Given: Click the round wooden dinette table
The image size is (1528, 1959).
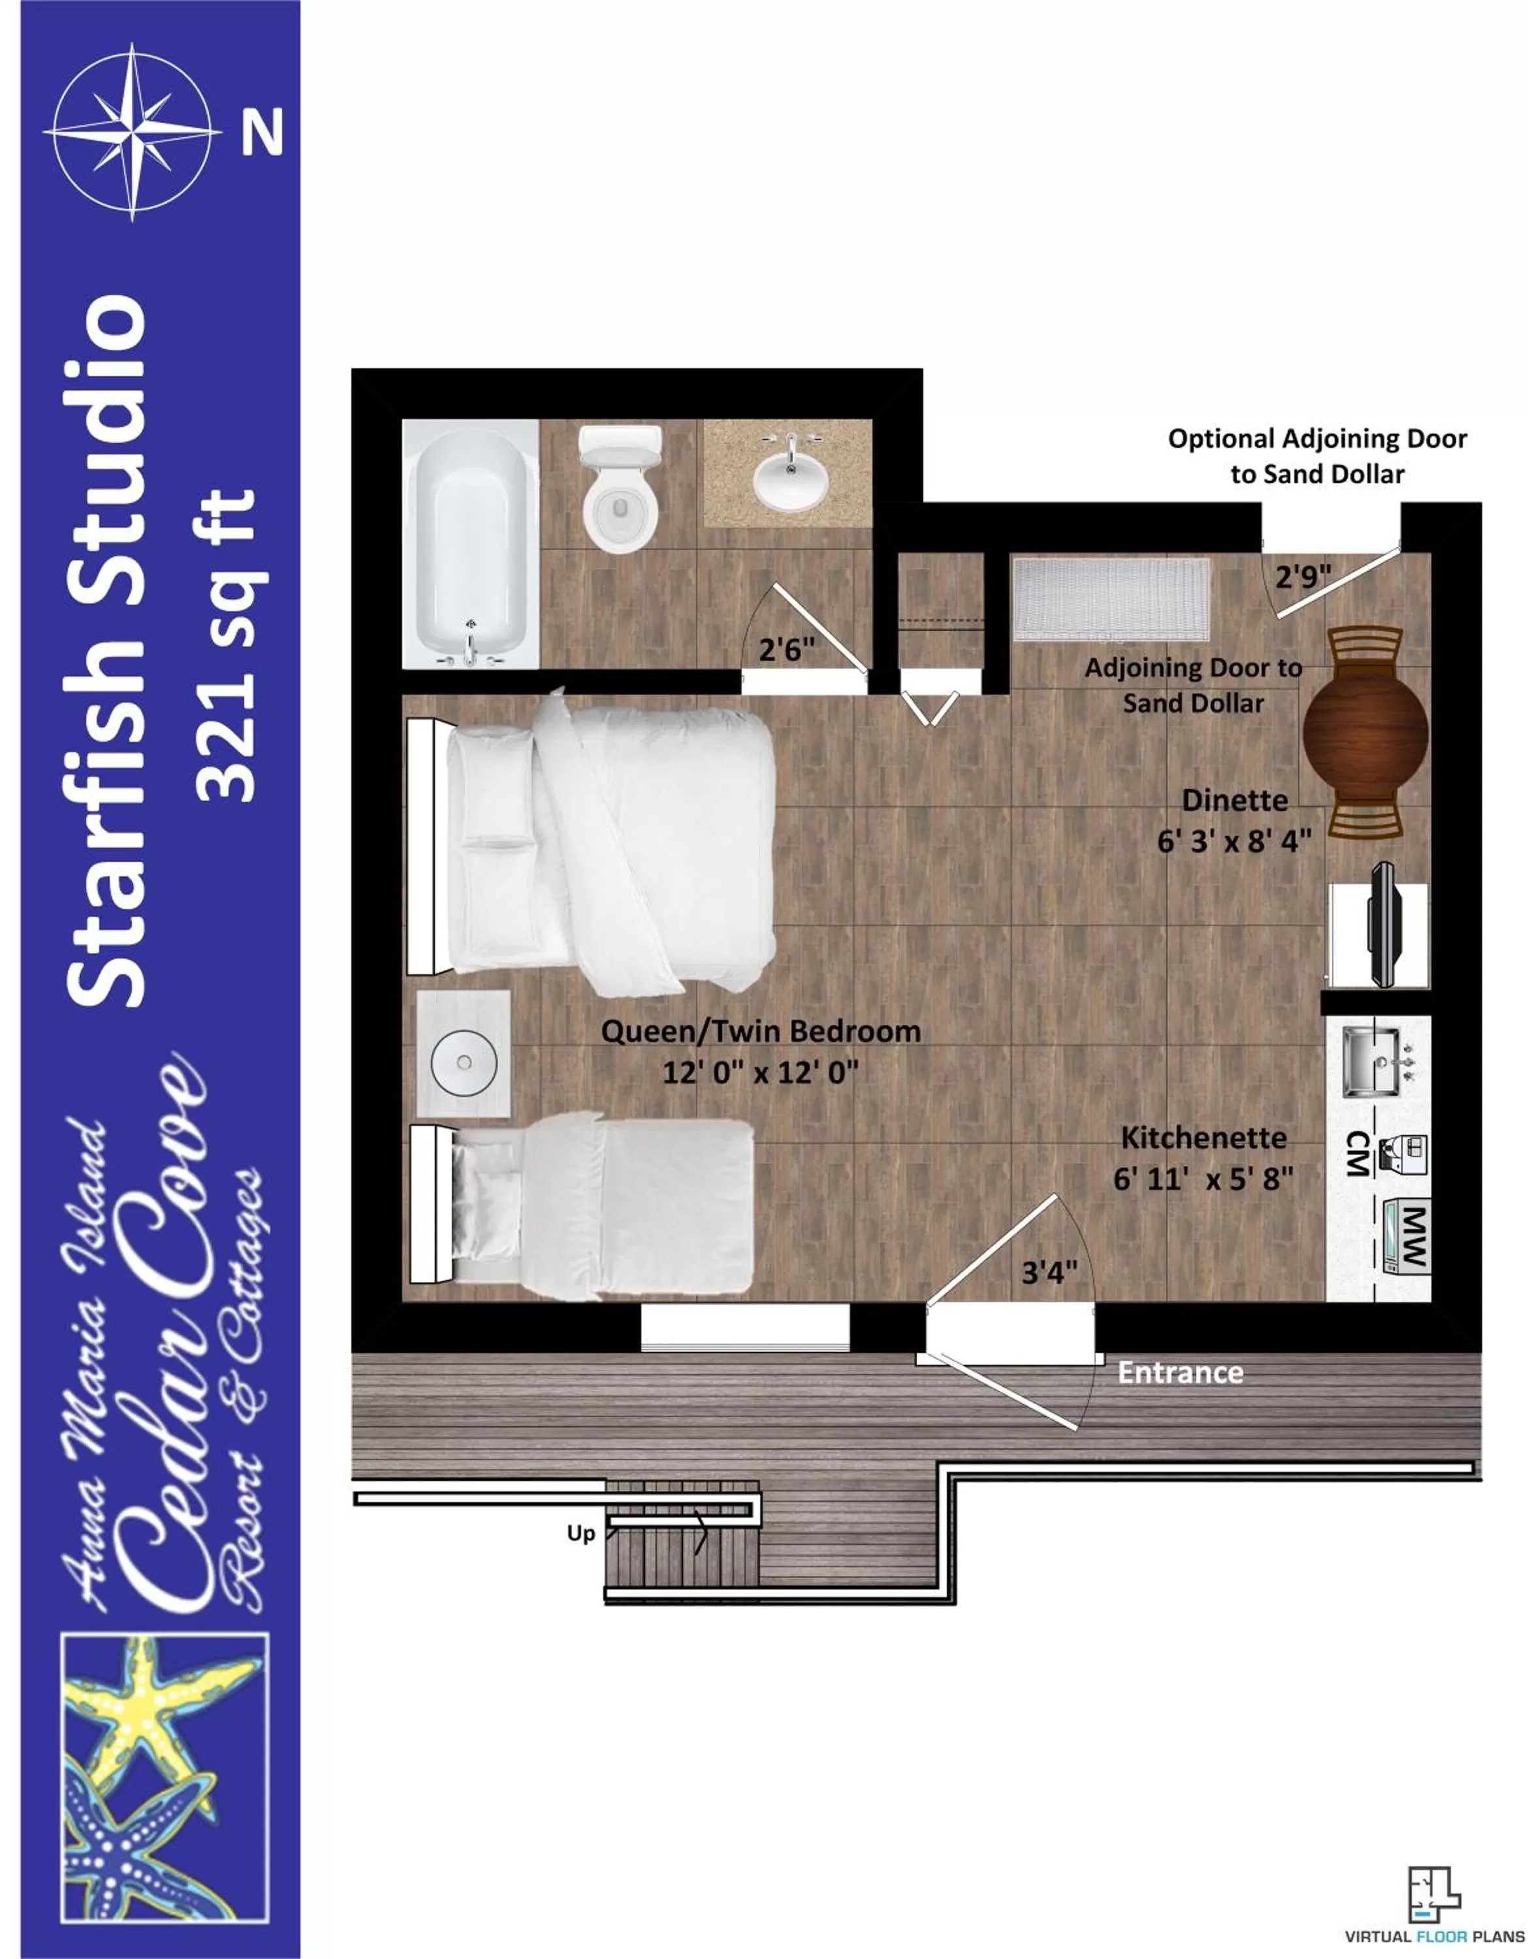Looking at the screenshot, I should (x=1365, y=731).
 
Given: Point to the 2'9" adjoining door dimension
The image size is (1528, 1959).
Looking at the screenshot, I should (x=1303, y=576).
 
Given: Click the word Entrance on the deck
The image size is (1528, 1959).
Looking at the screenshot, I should (x=1179, y=1373).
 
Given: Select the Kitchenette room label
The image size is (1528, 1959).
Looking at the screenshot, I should (x=1203, y=1138).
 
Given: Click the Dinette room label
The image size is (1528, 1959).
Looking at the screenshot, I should (x=1234, y=800).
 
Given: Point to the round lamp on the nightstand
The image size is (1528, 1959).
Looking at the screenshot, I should (x=464, y=1062).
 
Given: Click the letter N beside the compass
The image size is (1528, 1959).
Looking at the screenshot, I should (x=262, y=132).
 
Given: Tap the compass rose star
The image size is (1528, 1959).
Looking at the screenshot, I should (x=133, y=132).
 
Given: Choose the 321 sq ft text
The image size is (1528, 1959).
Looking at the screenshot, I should (x=230, y=646).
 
